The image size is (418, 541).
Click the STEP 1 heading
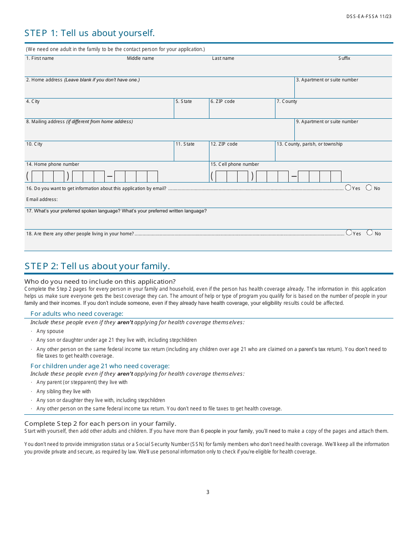(x=89, y=33)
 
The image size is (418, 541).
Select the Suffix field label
(x=344, y=58)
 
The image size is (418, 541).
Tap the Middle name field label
(x=140, y=58)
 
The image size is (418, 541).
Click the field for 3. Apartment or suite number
(x=343, y=90)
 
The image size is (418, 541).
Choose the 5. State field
(x=191, y=111)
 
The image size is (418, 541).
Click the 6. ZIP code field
(x=242, y=111)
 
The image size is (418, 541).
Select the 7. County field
(x=333, y=111)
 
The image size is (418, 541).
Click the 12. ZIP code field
(x=242, y=153)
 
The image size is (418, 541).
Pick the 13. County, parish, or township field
(x=333, y=153)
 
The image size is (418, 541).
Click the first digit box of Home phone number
(x=37, y=177)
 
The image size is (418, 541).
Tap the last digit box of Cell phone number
(x=336, y=177)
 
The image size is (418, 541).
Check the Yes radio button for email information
(x=348, y=188)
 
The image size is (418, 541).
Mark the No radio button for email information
(x=369, y=188)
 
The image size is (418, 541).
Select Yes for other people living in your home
(x=349, y=233)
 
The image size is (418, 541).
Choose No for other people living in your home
(x=370, y=233)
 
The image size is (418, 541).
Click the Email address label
(x=42, y=200)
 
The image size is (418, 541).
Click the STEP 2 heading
(x=97, y=266)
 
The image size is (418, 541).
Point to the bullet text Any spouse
(x=50, y=332)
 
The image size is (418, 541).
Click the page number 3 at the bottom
(x=208, y=492)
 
